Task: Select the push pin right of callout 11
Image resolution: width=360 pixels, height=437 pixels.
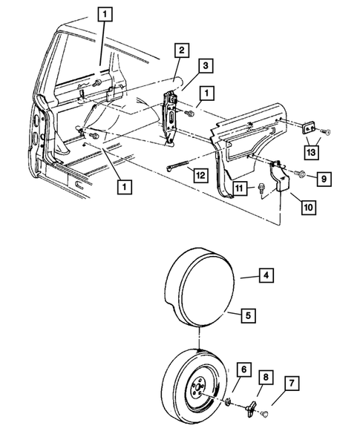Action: pyautogui.click(x=266, y=189)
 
